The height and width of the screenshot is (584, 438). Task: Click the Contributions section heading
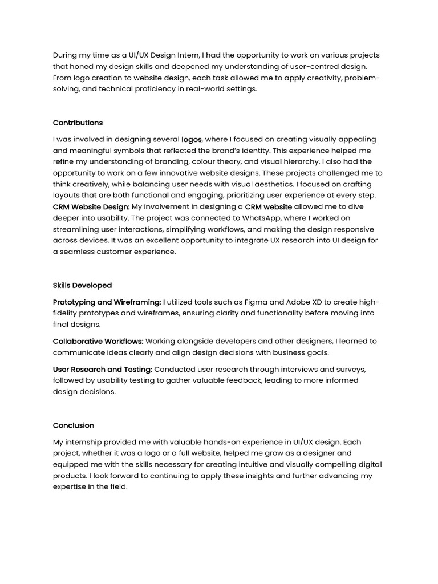[78, 123]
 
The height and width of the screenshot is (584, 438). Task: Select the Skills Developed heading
[82, 285]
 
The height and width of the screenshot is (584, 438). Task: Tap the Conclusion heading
[73, 425]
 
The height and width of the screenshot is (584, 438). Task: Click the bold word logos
[191, 139]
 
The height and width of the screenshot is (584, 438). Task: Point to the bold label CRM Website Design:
[91, 207]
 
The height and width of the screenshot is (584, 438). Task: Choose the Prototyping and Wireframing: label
[107, 302]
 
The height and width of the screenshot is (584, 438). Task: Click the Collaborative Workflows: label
[98, 342]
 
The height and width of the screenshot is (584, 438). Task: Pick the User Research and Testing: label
[102, 370]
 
